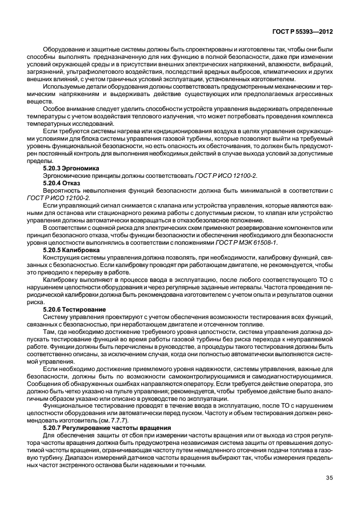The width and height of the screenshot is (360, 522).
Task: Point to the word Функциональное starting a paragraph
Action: tap(67, 407)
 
